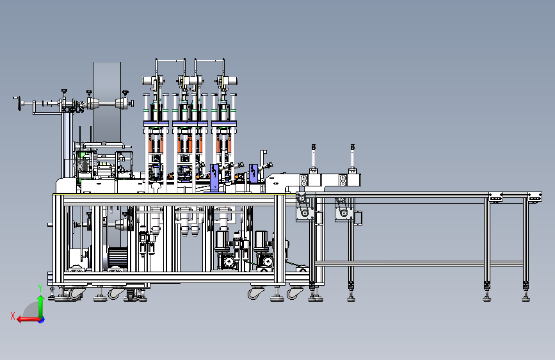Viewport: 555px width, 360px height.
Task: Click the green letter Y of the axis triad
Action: [x=40, y=288]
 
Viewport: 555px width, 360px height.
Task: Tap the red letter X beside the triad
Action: [x=13, y=316]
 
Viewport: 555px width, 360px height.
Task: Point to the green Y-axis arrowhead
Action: [x=41, y=299]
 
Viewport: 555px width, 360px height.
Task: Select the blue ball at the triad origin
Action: [x=42, y=320]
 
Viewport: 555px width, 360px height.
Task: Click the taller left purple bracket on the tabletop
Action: [x=214, y=177]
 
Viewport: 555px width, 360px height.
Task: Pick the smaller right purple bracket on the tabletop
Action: [x=253, y=173]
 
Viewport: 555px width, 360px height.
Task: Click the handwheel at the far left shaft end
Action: [x=18, y=103]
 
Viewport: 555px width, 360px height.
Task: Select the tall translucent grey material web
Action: [x=107, y=102]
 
